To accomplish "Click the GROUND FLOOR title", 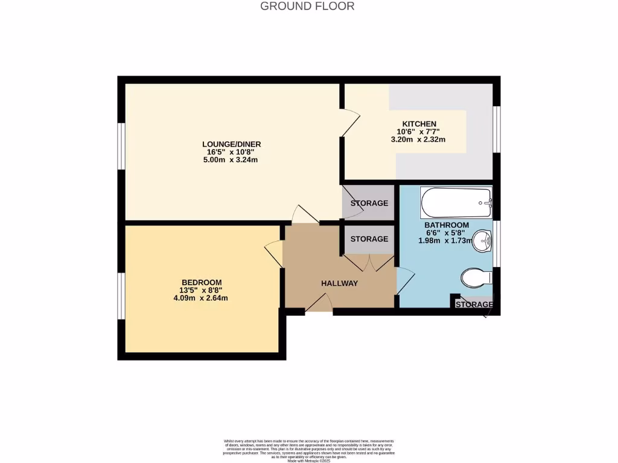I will tap(307, 7).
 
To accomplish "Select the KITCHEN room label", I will tap(415, 124).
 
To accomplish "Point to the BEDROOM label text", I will tap(201, 282).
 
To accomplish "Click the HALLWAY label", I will tap(339, 283).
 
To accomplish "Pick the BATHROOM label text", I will tap(446, 225).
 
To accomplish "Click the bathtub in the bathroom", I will tap(457, 203).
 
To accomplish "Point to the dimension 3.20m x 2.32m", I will tap(418, 140).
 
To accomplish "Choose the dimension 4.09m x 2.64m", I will tap(201, 298).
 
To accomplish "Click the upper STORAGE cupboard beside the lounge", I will tap(369, 203).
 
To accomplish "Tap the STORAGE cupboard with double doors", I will tap(369, 239).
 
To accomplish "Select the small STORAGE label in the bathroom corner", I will tap(474, 305).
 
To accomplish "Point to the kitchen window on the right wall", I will tap(496, 130).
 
